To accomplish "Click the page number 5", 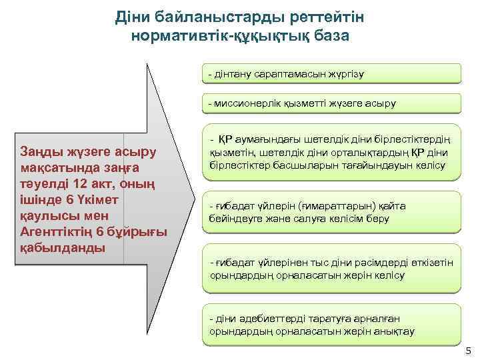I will point(467,351).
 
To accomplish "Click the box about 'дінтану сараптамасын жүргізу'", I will point(331,73).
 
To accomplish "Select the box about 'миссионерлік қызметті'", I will point(331,103).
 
